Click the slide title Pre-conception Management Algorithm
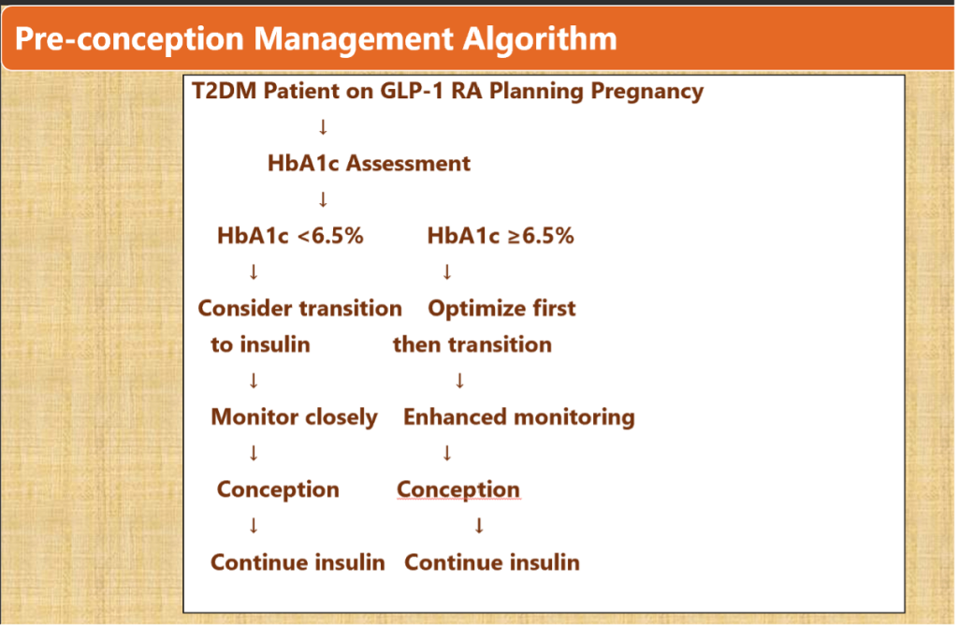pyautogui.click(x=316, y=38)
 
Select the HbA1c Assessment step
pyautogui.click(x=369, y=164)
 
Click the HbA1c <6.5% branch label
pyautogui.click(x=290, y=236)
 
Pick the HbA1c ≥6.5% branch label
pyautogui.click(x=501, y=236)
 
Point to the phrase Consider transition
pyautogui.click(x=299, y=308)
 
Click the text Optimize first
pyautogui.click(x=501, y=308)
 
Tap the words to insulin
pyautogui.click(x=260, y=344)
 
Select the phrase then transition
pyautogui.click(x=472, y=344)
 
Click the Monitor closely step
pyautogui.click(x=294, y=416)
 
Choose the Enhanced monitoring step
pyautogui.click(x=518, y=416)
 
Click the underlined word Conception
pyautogui.click(x=457, y=489)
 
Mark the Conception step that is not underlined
pyautogui.click(x=278, y=489)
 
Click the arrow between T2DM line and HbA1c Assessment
pyautogui.click(x=322, y=126)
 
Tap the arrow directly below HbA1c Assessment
pyautogui.click(x=322, y=198)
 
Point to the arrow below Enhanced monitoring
pyautogui.click(x=446, y=453)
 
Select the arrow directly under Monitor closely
pyautogui.click(x=253, y=453)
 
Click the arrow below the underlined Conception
pyautogui.click(x=479, y=526)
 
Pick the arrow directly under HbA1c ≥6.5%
pyautogui.click(x=446, y=272)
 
